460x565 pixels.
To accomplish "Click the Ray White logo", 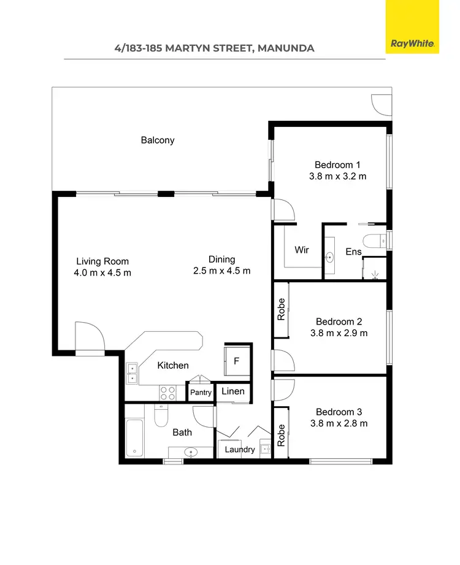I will pos(412,44).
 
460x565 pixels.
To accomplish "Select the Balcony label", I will pos(158,140).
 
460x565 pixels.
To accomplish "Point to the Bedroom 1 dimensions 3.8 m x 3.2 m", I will pos(337,177).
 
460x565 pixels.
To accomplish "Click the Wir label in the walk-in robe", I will pos(301,250).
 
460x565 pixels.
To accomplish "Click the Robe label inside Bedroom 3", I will pos(282,436).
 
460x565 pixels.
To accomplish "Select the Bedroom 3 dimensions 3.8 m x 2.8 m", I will pos(342,423).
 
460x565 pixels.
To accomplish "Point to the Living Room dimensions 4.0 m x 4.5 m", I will pos(102,273).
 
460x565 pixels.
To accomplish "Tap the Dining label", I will pos(221,259).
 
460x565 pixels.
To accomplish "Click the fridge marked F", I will pos(237,361).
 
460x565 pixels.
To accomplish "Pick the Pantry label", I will pos(201,393).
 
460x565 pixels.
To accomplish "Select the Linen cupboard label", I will pos(233,391).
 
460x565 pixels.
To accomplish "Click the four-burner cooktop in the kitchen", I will pos(168,393).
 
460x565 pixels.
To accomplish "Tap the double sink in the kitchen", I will pos(132,374).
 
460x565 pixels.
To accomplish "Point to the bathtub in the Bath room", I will pos(134,439).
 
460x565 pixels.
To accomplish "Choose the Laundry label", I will pos(240,449).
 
